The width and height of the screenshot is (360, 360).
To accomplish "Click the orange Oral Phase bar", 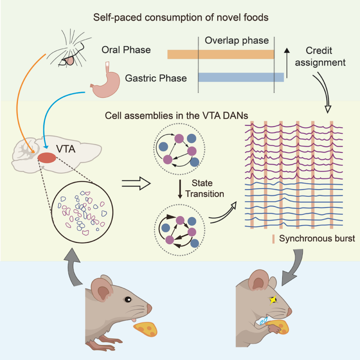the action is coord(220,54).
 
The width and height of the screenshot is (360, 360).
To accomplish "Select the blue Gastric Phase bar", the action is coord(241,77).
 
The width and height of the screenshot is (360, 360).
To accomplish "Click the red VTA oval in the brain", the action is coord(47,158).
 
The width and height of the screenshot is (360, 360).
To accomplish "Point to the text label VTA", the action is coord(66,149).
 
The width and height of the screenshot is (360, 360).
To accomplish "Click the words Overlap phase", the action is coord(237,40).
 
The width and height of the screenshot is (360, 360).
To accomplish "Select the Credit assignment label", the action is coord(320,56).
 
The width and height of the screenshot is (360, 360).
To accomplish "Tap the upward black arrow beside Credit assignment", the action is coord(287,63).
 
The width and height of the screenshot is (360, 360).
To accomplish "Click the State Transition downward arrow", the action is coord(180,189).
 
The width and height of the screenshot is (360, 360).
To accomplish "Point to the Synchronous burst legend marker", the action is coord(273,239).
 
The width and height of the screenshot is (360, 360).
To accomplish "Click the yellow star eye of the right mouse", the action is coord(273,300).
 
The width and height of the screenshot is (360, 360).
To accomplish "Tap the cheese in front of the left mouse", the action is coord(145,329).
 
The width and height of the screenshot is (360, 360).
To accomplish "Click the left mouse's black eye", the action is coord(128,299).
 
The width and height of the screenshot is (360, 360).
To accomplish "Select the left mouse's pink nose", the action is coord(149,308).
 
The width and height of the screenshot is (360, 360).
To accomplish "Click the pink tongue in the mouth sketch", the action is coord(69,61).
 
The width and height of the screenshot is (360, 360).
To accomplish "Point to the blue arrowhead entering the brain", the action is coord(46,146).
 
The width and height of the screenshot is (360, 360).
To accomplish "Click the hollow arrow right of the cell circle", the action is coord(136,183).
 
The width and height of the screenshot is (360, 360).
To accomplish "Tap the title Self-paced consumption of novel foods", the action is coord(181,18).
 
